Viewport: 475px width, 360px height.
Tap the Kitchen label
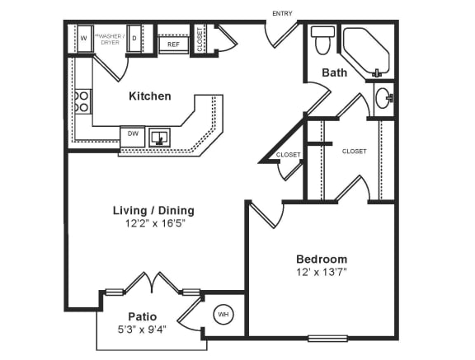[x=150, y=96]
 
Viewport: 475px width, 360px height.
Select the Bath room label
[x=334, y=72]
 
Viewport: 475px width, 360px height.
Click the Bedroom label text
[x=322, y=259]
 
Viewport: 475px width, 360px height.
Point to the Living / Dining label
[x=153, y=210]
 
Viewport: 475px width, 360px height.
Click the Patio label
[x=143, y=316]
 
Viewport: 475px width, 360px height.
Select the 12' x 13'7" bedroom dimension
[x=322, y=272]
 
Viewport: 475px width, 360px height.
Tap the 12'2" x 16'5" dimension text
[x=153, y=223]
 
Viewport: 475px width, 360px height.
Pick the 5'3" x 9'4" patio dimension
[x=143, y=330]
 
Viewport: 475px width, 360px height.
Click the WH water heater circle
[x=223, y=314]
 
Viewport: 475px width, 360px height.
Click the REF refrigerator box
[x=174, y=44]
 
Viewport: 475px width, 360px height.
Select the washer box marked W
[x=83, y=38]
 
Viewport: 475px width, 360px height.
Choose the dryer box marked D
[x=134, y=38]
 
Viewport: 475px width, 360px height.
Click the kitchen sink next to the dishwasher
[x=159, y=137]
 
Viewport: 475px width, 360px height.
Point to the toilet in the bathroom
[x=322, y=38]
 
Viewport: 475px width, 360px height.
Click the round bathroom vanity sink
[x=384, y=99]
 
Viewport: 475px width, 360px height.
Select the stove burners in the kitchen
[x=82, y=101]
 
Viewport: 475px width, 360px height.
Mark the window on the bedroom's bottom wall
[x=327, y=337]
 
